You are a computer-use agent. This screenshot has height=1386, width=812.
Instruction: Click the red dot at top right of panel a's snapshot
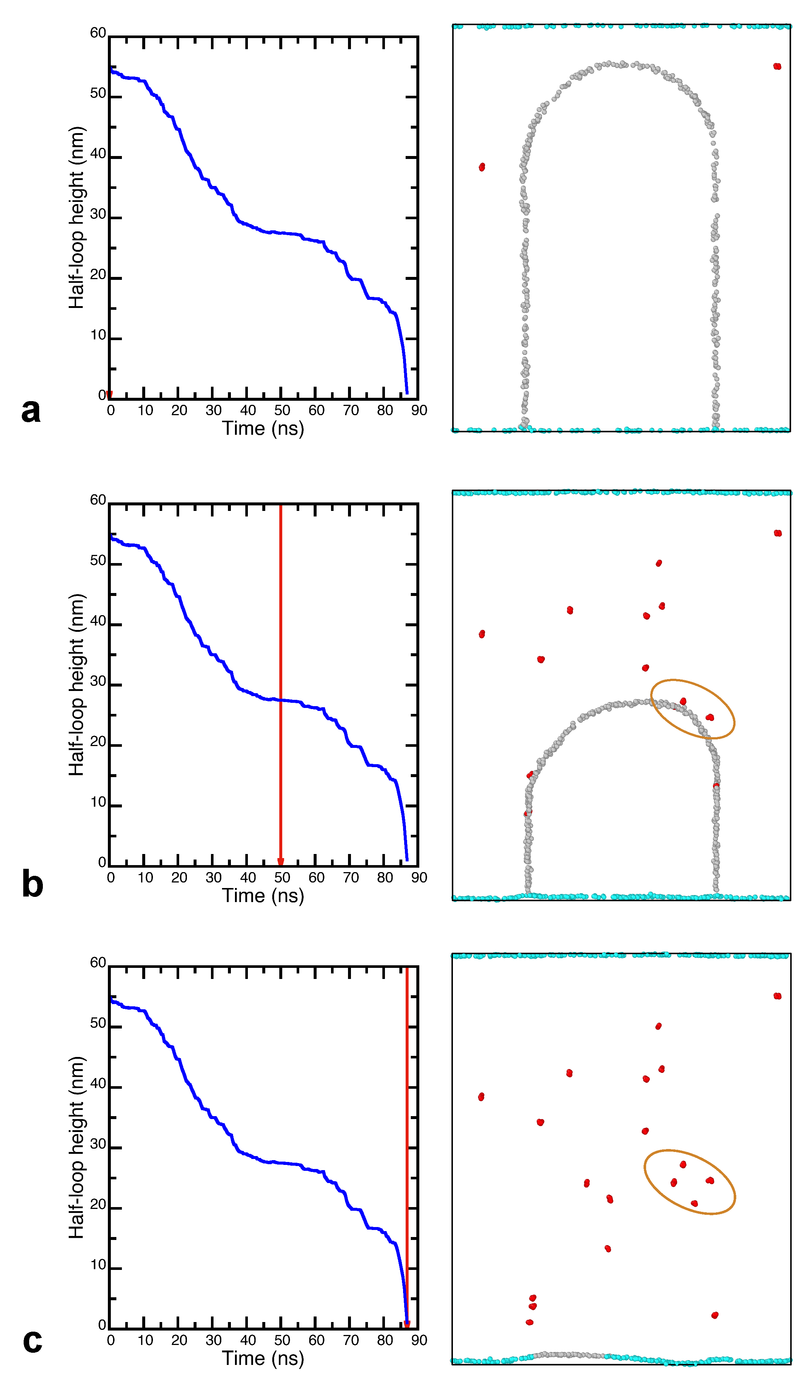click(777, 67)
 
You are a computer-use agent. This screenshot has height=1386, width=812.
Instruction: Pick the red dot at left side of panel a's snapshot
click(482, 167)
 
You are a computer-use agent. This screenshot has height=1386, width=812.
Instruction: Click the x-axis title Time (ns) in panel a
click(263, 428)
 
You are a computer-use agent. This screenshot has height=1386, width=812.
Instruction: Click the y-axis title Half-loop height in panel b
click(76, 685)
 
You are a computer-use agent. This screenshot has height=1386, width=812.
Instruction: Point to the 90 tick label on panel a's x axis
click(419, 410)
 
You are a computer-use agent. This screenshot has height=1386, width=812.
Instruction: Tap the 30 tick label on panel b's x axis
click(213, 878)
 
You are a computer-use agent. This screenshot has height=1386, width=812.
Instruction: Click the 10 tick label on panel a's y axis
click(98, 335)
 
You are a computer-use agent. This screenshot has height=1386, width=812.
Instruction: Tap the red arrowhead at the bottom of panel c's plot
click(407, 1324)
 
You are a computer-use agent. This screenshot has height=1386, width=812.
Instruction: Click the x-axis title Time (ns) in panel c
click(263, 1359)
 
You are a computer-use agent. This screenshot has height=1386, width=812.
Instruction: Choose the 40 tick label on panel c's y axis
click(98, 1084)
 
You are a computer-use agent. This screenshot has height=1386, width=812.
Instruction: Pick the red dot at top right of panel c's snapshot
click(777, 996)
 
